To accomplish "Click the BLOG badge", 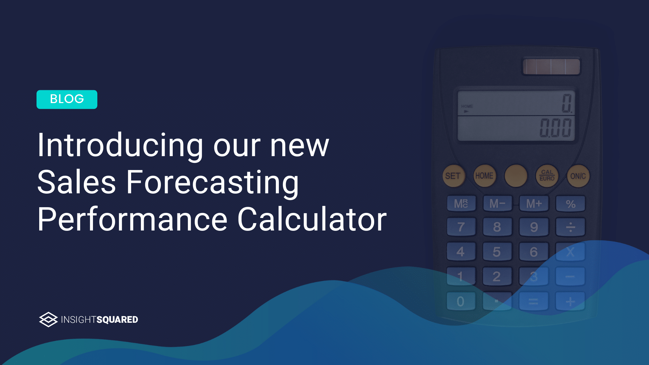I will (x=67, y=99).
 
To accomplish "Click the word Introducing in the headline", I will (x=120, y=145).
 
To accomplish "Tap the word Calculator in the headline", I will (x=312, y=220).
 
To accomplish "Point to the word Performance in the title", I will (x=133, y=220).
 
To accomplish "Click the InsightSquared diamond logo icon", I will (x=48, y=319).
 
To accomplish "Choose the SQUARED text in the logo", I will (x=117, y=320).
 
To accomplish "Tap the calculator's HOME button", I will (x=484, y=176).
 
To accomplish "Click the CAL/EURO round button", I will (x=547, y=175).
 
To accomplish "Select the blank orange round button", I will (x=515, y=176).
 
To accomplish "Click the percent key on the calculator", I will (x=571, y=204).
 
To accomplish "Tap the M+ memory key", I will (x=534, y=204).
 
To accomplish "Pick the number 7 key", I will (x=461, y=227).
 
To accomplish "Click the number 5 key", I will (x=497, y=252).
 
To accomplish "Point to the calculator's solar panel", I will (x=551, y=67).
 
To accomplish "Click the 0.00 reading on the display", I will (x=555, y=128).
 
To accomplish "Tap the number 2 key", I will (x=497, y=276).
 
